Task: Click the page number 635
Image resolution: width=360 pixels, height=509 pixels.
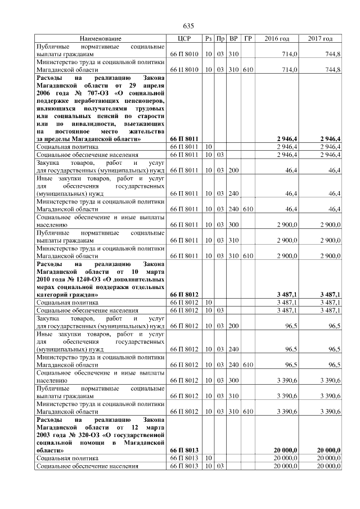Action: point(188,26)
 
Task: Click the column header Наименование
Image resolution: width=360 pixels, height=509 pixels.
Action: point(100,39)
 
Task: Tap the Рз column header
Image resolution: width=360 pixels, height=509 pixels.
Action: point(208,39)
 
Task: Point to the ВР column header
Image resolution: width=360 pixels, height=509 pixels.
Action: point(234,39)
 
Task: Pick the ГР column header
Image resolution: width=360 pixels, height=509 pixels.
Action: point(248,39)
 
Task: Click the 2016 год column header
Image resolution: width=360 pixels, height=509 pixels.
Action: point(277,39)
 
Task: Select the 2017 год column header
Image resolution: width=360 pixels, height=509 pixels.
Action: point(320,39)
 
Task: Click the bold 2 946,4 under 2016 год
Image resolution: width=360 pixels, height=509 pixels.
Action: point(287,138)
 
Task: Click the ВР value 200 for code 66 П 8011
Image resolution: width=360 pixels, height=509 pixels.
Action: point(234,169)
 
